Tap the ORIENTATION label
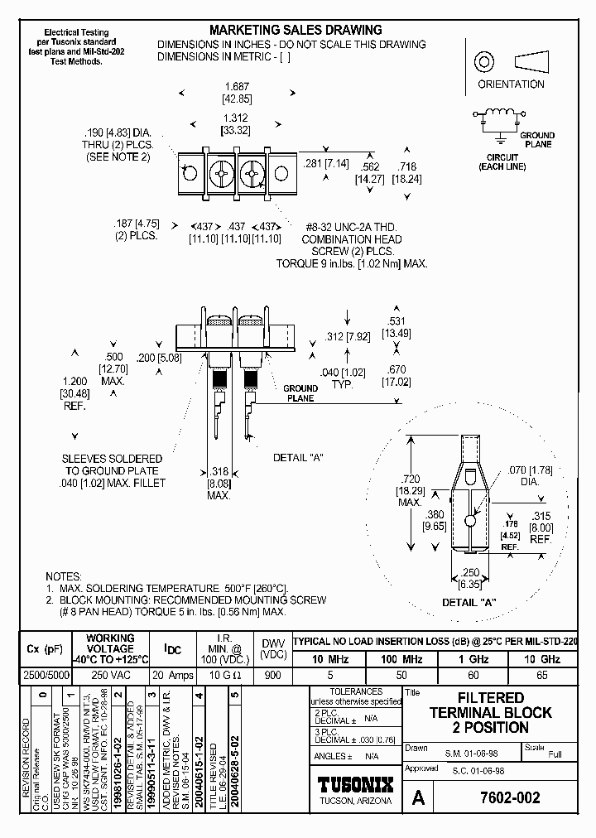coord(511,84)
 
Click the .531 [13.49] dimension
coord(397,328)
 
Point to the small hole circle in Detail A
coord(469,521)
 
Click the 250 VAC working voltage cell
coord(110,675)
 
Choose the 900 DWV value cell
coord(272,675)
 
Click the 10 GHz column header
coord(541,659)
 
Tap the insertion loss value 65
coord(541,675)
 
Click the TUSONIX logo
coord(355,786)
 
